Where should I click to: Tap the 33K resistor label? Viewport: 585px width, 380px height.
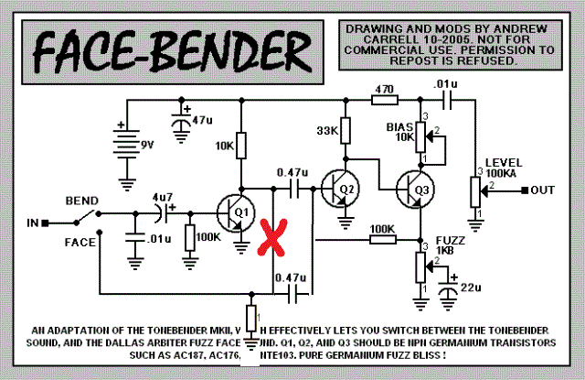(x=326, y=131)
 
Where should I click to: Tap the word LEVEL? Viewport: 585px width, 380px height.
(x=505, y=161)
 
